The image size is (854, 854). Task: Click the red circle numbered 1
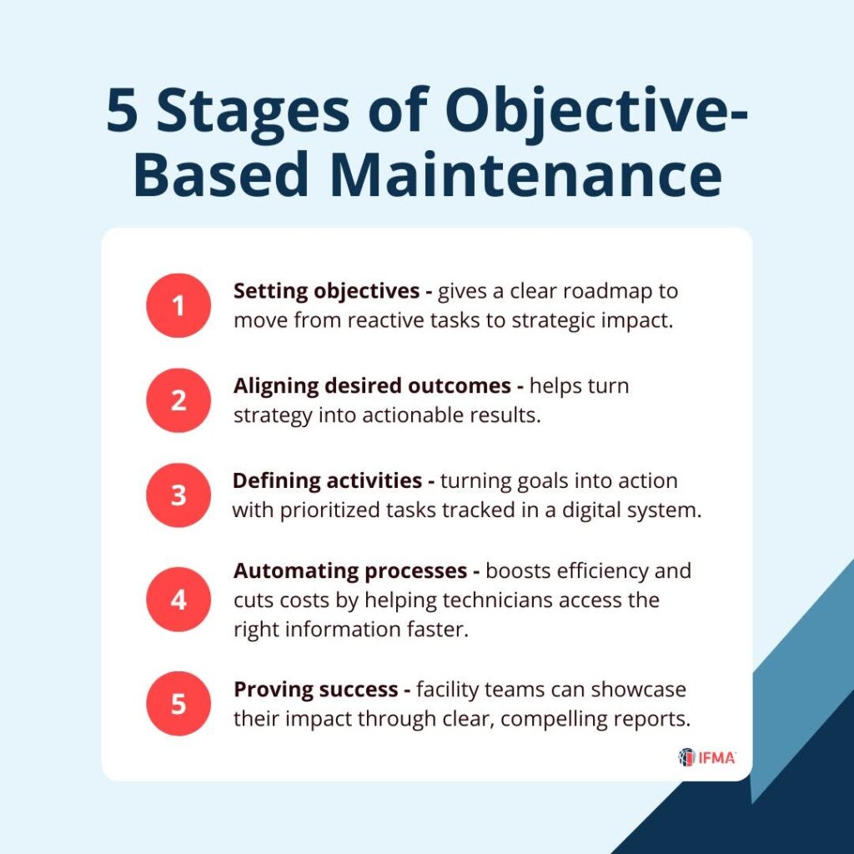[x=178, y=305]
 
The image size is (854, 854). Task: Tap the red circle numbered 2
[x=178, y=400]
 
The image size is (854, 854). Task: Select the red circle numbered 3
[x=178, y=495]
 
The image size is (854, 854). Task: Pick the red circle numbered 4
[x=178, y=599]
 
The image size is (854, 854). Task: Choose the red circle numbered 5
[x=178, y=704]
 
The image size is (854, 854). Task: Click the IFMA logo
[x=707, y=757]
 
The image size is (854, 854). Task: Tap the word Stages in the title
[x=254, y=112]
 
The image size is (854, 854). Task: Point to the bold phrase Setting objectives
[x=326, y=291]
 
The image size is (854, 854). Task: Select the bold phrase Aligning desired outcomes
[x=372, y=385]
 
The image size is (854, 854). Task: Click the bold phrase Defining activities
[x=327, y=480]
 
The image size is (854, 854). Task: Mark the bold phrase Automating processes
[x=350, y=570]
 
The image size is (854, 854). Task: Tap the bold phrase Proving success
[x=316, y=690]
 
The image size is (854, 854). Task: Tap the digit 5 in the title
[x=122, y=111]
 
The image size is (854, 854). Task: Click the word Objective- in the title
[x=597, y=112]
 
